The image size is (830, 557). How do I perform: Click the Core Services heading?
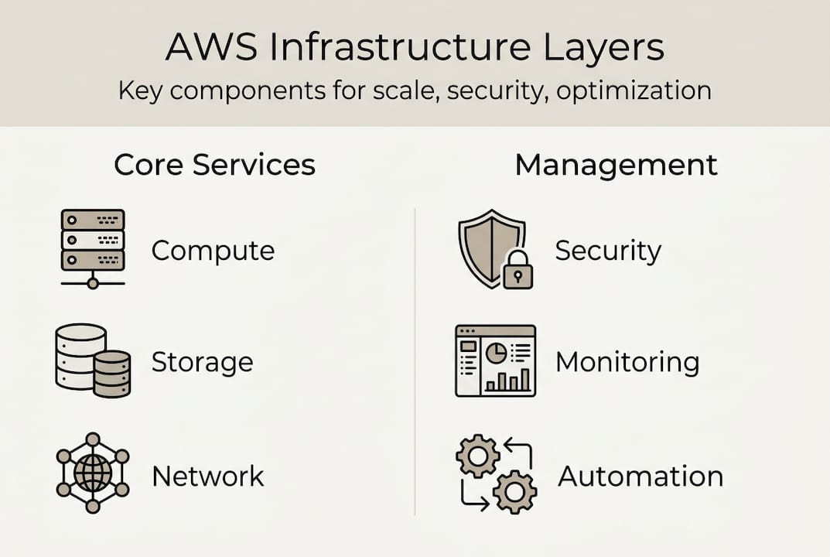point(214,165)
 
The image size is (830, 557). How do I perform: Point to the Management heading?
point(617,165)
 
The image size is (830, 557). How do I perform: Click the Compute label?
point(213,251)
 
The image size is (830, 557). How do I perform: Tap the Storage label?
point(202,362)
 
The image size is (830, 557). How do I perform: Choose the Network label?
point(208,476)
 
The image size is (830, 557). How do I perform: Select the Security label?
point(608,251)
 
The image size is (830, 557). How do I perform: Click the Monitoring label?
point(627,362)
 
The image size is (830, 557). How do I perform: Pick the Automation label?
point(640,476)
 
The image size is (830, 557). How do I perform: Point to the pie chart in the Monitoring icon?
point(495,354)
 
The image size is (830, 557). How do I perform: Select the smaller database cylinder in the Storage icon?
point(112,374)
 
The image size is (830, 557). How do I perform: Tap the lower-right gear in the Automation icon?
point(514,491)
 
